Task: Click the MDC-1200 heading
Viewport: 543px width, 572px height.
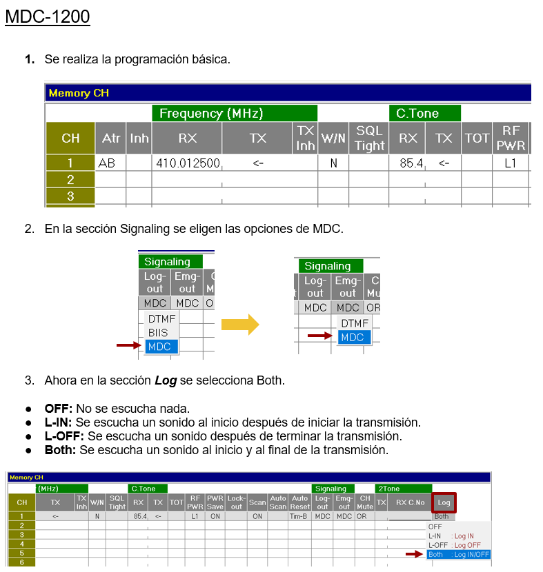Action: [48, 17]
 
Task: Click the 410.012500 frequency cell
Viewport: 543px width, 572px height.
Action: [187, 163]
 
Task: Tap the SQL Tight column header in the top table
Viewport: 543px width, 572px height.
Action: [369, 138]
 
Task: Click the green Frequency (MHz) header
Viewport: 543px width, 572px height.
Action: [235, 113]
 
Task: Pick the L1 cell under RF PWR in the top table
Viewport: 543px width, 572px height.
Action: [510, 163]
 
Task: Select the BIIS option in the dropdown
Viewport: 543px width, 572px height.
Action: [158, 333]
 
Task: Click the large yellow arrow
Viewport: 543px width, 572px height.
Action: [240, 325]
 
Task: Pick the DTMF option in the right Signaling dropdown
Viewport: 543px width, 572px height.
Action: [354, 323]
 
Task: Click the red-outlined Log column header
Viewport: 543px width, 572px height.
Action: [444, 502]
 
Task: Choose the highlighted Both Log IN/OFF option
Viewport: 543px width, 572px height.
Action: [458, 555]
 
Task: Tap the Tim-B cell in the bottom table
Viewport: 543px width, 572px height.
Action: [298, 516]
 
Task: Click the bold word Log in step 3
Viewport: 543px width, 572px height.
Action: [166, 380]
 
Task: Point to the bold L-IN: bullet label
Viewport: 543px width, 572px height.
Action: [59, 422]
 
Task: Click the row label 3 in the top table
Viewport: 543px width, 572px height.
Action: [70, 196]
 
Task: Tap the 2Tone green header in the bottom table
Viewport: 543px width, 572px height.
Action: [404, 489]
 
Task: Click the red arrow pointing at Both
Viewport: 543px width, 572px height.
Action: [414, 554]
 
